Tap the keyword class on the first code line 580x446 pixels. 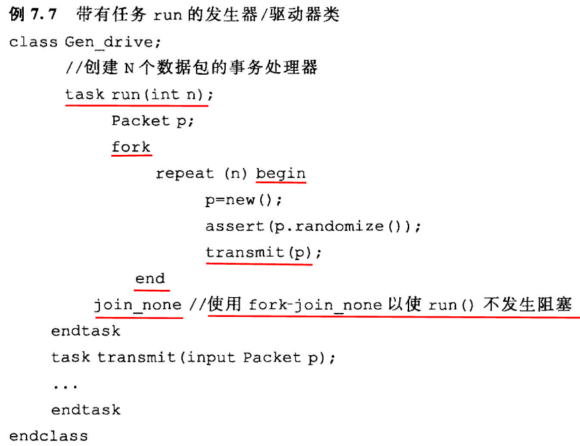pyautogui.click(x=32, y=42)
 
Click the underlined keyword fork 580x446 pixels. pyautogui.click(x=131, y=147)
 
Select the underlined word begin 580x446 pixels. pyautogui.click(x=281, y=173)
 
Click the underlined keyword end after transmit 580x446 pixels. pyautogui.click(x=150, y=279)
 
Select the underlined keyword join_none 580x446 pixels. pyautogui.click(x=138, y=304)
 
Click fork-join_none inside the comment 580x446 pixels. pyautogui.click(x=315, y=305)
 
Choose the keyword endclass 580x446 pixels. pyautogui.click(x=48, y=436)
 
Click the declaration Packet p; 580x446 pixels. pyautogui.click(x=152, y=120)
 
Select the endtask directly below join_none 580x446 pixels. pyautogui.click(x=85, y=331)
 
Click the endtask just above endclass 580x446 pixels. pyautogui.click(x=85, y=410)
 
